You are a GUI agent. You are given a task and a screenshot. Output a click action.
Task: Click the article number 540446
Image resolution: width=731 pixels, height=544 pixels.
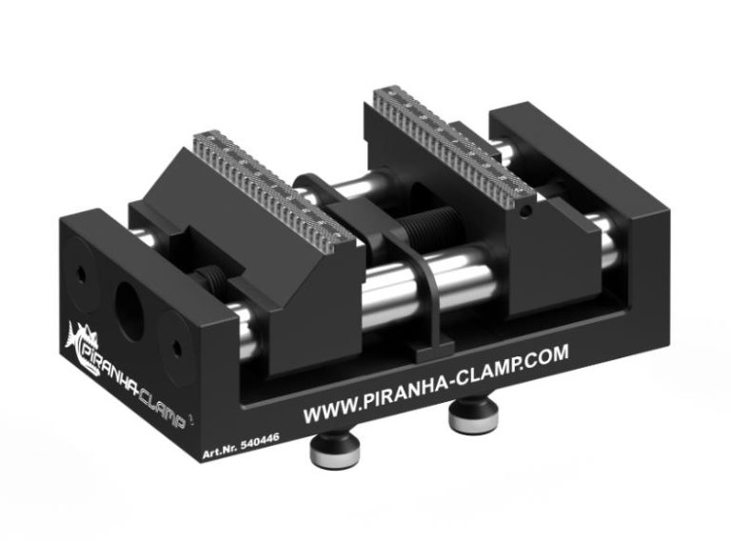coord(259,441)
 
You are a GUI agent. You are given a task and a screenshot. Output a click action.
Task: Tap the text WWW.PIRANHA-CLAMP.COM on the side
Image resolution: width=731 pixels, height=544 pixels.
coord(436,384)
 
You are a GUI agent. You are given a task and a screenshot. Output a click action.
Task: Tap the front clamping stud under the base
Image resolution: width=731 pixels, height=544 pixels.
coord(334,451)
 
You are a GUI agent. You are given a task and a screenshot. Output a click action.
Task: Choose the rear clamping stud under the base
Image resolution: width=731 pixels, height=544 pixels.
coord(474,414)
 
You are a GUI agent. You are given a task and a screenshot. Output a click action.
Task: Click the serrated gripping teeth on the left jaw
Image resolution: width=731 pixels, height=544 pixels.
coord(275,186)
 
